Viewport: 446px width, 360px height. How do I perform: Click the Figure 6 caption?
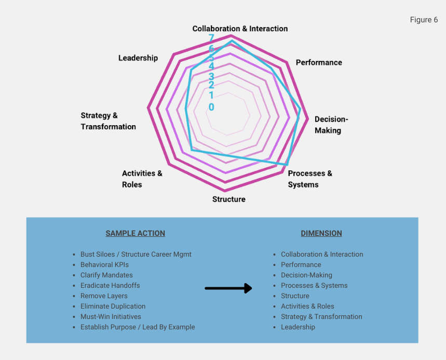pos(424,20)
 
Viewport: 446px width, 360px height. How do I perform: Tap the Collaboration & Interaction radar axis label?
pos(240,29)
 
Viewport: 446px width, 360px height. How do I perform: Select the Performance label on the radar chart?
pos(319,62)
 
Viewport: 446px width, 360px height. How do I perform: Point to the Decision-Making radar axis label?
pos(331,125)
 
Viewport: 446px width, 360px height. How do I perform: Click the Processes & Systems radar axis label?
pos(310,179)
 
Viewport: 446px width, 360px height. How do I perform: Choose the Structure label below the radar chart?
pos(228,199)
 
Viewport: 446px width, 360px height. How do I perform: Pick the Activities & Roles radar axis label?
pos(142,179)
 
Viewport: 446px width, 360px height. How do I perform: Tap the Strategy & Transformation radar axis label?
pos(108,121)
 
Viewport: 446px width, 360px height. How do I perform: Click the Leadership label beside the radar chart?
pos(138,58)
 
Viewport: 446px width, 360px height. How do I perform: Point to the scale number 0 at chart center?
pos(211,107)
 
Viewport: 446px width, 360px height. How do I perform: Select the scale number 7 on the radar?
pos(211,38)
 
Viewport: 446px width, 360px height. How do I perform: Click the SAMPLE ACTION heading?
pos(135,233)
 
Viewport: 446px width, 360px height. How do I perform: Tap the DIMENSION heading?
pos(321,233)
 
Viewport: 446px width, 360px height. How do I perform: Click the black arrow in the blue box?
pos(228,288)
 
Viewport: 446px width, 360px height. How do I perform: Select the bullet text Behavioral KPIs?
pos(104,264)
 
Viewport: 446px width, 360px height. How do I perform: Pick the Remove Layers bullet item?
pos(104,296)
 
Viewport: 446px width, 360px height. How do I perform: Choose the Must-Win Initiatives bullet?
pos(111,316)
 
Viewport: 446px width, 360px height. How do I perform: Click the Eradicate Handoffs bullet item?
pos(110,285)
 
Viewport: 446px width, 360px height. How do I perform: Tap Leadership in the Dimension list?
pos(298,327)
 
